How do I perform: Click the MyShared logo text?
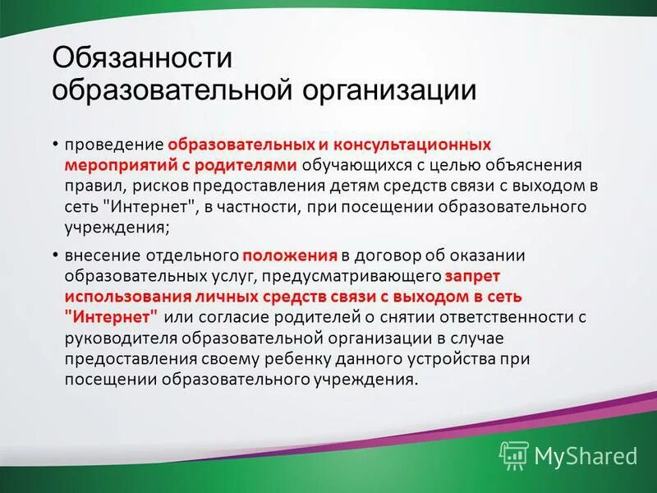[585, 454]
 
